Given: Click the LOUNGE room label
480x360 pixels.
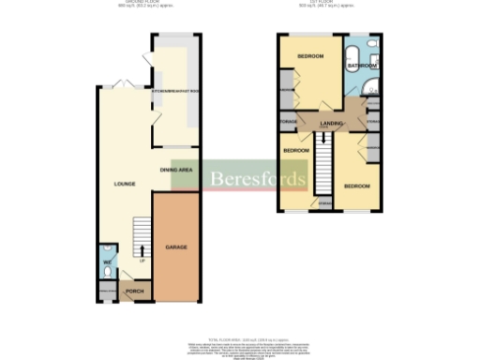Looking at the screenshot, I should pyautogui.click(x=124, y=184).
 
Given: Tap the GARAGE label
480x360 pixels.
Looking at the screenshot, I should pyautogui.click(x=176, y=247).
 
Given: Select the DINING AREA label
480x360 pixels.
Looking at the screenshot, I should pyautogui.click(x=176, y=170).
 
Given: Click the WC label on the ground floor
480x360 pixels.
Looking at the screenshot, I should pyautogui.click(x=108, y=262).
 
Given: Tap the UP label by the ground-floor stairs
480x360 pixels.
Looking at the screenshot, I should pyautogui.click(x=142, y=261).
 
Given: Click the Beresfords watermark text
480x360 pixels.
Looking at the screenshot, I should pyautogui.click(x=257, y=179).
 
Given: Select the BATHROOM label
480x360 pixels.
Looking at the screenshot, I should pyautogui.click(x=362, y=67).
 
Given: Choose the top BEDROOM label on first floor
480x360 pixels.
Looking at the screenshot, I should pyautogui.click(x=310, y=56).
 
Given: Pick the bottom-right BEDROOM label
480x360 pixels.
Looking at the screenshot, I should pyautogui.click(x=355, y=186).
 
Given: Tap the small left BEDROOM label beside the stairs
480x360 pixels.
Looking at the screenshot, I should pyautogui.click(x=296, y=150).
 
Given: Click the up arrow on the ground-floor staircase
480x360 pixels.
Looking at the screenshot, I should pyautogui.click(x=142, y=249).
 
